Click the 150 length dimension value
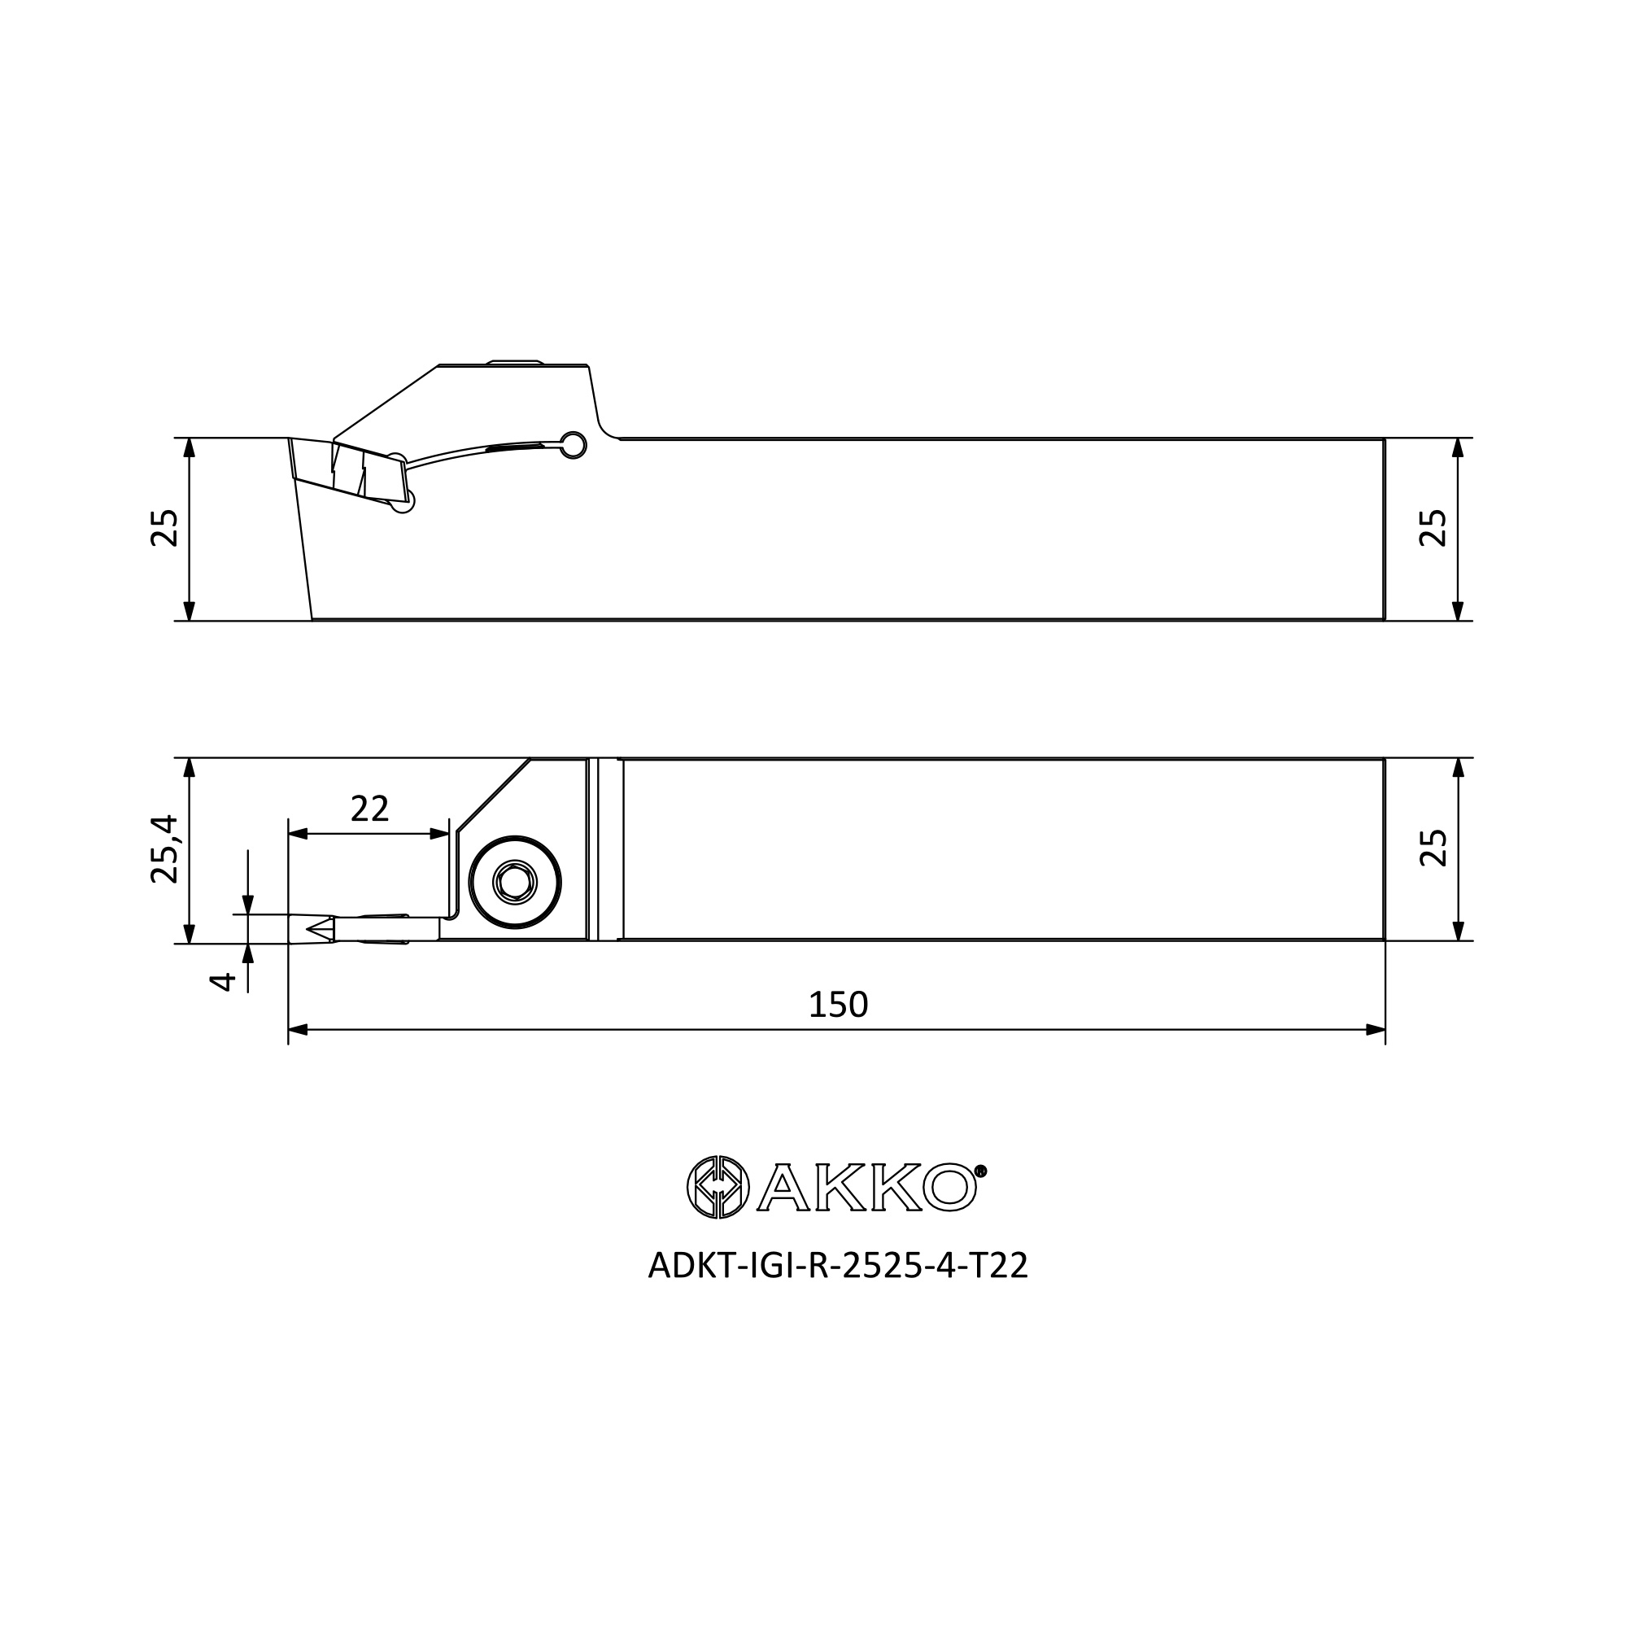pyautogui.click(x=838, y=1005)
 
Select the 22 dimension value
pyautogui.click(x=369, y=809)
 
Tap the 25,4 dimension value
pyautogui.click(x=165, y=848)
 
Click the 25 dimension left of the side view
pyautogui.click(x=165, y=529)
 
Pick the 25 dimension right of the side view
pyautogui.click(x=1433, y=529)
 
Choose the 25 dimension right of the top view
pyautogui.click(x=1433, y=848)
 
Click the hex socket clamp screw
pyautogui.click(x=515, y=883)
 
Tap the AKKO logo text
pyautogui.click(x=867, y=1188)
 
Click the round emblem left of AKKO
pyautogui.click(x=718, y=1188)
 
